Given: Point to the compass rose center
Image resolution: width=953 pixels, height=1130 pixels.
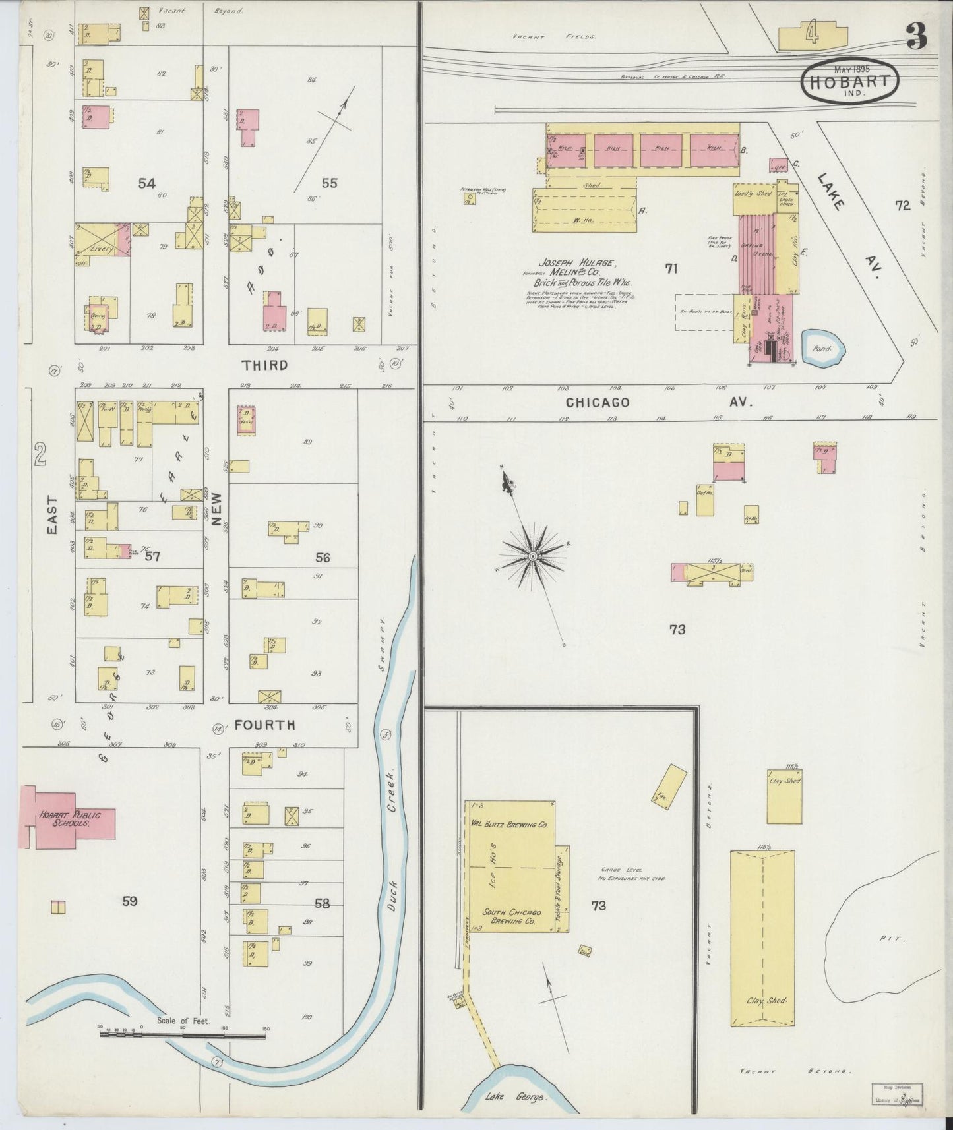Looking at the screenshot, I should pyautogui.click(x=532, y=558).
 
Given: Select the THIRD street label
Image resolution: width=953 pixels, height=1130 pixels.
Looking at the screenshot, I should pyautogui.click(x=264, y=365).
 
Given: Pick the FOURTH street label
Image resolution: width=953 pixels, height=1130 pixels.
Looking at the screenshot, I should pyautogui.click(x=264, y=725).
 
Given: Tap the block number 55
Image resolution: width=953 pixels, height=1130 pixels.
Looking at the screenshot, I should pyautogui.click(x=329, y=183).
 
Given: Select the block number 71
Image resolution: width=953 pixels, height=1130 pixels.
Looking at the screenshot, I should pyautogui.click(x=671, y=268).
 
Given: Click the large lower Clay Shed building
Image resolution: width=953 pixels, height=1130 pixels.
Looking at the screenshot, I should pyautogui.click(x=762, y=947).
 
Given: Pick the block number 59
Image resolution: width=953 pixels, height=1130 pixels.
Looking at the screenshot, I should pyautogui.click(x=129, y=901).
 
